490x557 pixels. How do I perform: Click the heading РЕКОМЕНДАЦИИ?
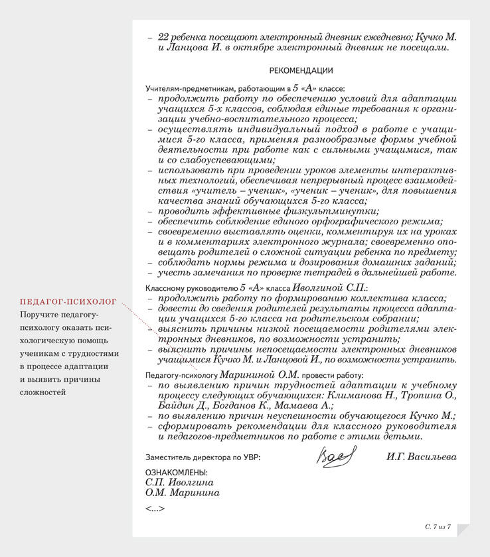301,70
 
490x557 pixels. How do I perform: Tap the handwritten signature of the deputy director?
337,457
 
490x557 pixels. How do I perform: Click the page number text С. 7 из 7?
438,526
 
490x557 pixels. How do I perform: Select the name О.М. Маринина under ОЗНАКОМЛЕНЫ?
183,493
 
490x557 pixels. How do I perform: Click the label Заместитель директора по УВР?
203,458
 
